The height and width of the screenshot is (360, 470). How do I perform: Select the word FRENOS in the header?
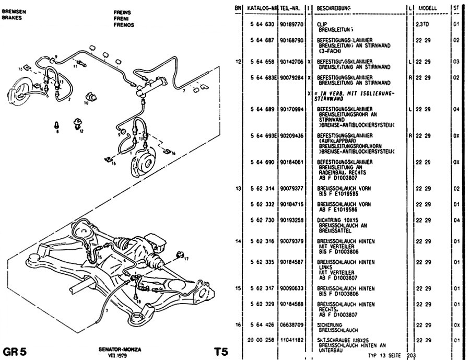click(124, 25)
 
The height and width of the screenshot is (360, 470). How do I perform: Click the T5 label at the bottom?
click(221, 351)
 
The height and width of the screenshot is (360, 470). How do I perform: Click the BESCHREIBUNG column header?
click(333, 8)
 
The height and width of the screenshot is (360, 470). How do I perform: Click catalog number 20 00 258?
click(260, 340)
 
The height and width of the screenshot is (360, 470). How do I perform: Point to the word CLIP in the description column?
click(322, 25)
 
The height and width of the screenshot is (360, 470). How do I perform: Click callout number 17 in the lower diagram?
click(187, 259)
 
